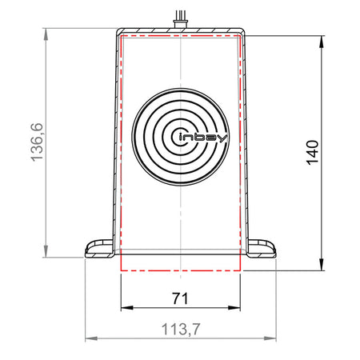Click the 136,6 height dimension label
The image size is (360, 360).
[37, 142]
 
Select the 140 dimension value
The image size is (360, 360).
[312, 153]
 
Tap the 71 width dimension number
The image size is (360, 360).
[180, 298]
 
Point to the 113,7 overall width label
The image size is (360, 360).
[181, 329]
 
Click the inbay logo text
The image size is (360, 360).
[203, 138]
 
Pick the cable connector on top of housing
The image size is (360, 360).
[181, 19]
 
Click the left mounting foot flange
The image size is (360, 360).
[99, 249]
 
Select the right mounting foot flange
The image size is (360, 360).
[262, 249]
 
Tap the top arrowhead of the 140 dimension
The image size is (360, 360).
[322, 42]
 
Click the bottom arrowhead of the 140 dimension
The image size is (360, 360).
[322, 265]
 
